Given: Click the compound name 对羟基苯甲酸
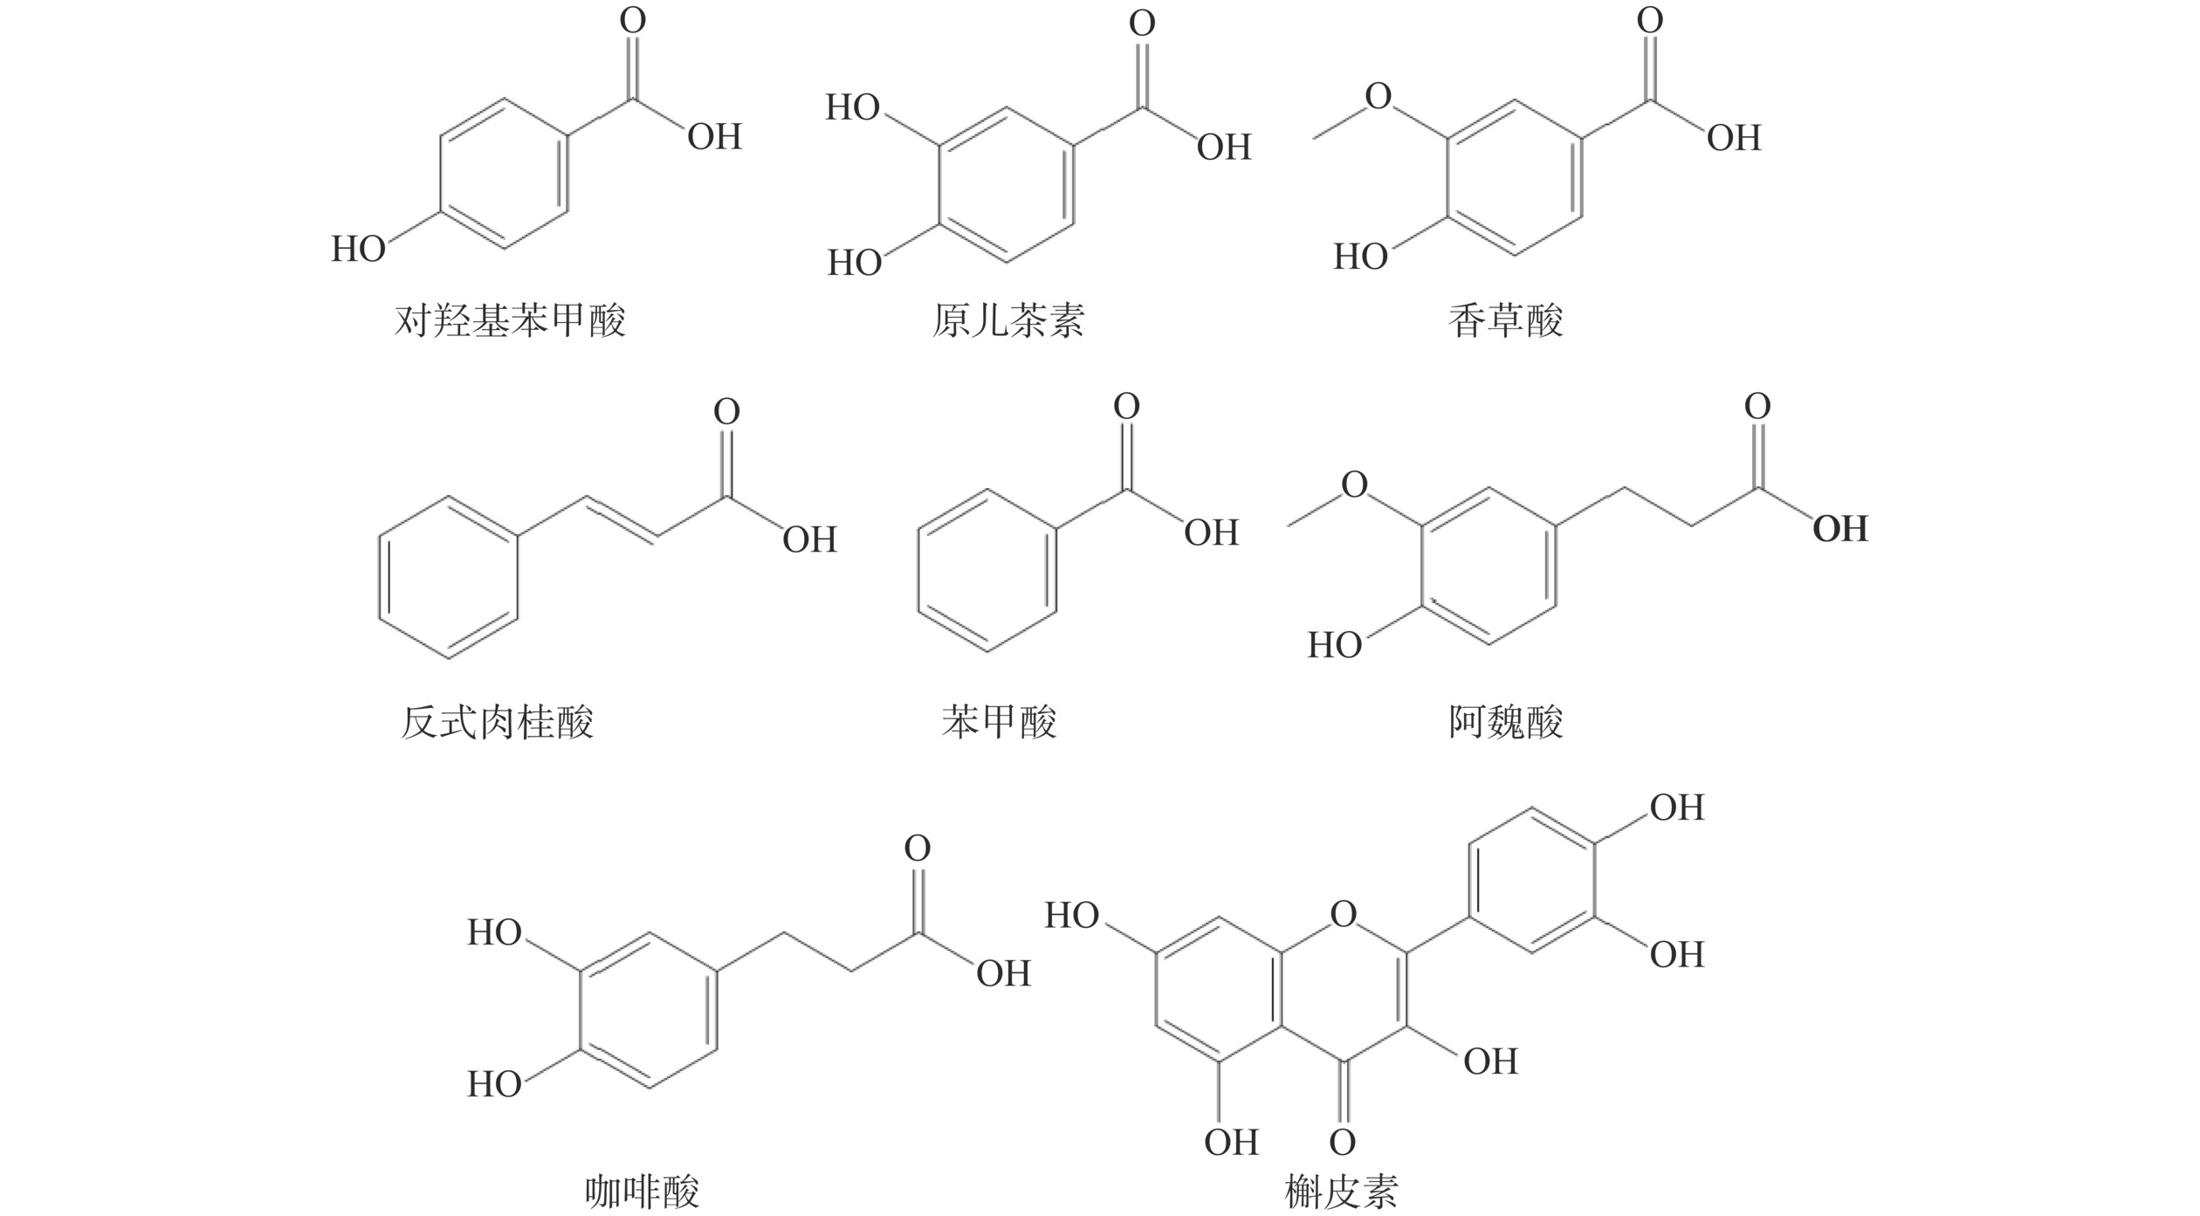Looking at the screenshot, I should click(x=510, y=321).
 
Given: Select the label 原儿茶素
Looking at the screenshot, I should click(x=1007, y=321).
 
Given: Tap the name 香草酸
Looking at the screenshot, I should click(x=1505, y=321).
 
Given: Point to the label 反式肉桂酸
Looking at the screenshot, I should click(x=497, y=723).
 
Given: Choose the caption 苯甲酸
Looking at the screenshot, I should click(x=999, y=723).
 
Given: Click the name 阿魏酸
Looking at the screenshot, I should click(x=1505, y=723).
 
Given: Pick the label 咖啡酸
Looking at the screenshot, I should click(x=642, y=1192).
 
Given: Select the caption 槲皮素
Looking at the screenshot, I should click(x=1341, y=1192).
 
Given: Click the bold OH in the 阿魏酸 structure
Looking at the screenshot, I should click(x=1840, y=529).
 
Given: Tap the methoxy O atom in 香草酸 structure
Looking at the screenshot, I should click(x=1378, y=96).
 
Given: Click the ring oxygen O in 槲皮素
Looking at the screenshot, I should click(x=1344, y=914).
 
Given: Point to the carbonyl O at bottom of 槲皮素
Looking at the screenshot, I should click(x=1343, y=1142).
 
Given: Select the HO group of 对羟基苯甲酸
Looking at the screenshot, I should click(x=358, y=250).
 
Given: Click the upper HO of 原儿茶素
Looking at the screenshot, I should click(x=853, y=107).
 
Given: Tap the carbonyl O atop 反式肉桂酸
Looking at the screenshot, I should click(x=726, y=411).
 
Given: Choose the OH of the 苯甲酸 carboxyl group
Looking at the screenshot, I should click(x=1211, y=532).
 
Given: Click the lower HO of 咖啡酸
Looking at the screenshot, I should click(x=494, y=1084).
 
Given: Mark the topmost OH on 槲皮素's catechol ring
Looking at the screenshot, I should click(x=1676, y=807).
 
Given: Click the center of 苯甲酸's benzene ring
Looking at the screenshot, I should click(x=987, y=570).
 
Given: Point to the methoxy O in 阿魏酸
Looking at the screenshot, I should click(x=1354, y=484).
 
